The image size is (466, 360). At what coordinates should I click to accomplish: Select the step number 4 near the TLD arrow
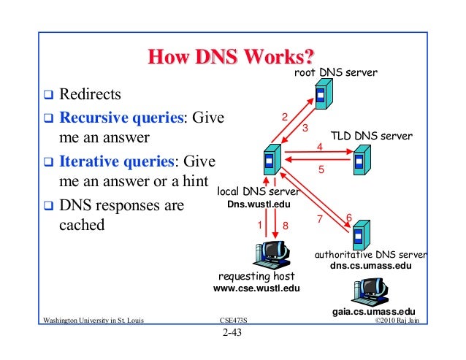click(x=319, y=147)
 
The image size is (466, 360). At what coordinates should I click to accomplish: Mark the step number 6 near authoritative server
click(x=348, y=218)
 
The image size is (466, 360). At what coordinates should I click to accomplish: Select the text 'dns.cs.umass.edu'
click(x=371, y=267)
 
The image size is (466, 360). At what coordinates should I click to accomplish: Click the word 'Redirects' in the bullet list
click(x=91, y=94)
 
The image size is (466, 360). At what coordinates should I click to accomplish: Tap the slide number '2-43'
click(x=232, y=335)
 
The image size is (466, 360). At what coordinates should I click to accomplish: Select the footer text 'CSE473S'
click(x=232, y=321)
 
